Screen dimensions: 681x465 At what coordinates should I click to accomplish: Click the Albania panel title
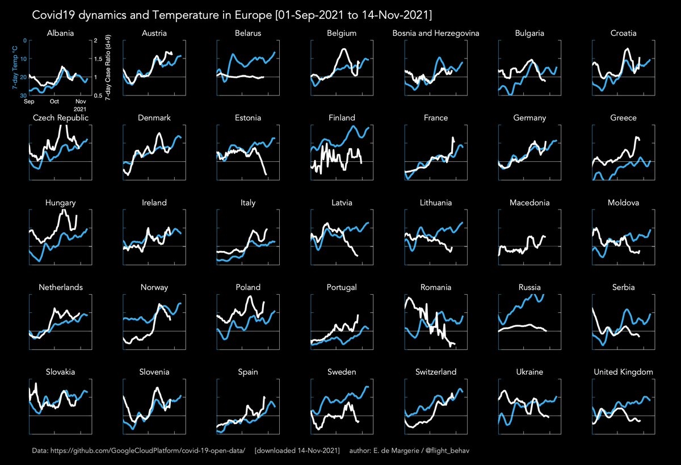60,33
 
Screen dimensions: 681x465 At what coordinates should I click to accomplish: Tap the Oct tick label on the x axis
54,101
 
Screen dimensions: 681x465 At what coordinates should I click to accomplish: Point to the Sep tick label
29,102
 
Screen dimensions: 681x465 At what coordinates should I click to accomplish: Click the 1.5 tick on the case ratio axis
98,58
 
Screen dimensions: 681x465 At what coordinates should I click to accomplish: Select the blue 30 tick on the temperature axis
23,95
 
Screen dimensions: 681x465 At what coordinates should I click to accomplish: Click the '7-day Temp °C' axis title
15,68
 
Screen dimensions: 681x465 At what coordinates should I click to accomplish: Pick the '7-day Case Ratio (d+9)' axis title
108,68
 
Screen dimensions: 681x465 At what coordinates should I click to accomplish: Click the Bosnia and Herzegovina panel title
436,33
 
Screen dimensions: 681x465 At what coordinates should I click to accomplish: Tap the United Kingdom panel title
623,372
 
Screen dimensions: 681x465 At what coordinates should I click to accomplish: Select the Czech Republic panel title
61,118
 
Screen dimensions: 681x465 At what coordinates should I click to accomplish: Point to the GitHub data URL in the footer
148,450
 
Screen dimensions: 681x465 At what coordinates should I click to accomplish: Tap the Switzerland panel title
436,372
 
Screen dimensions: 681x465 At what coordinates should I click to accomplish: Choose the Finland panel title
342,118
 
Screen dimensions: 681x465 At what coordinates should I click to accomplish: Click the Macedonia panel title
529,203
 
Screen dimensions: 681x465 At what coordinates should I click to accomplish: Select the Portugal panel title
342,287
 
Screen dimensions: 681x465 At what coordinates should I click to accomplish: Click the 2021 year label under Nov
80,109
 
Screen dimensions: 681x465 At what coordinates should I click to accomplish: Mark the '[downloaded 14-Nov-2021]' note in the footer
297,450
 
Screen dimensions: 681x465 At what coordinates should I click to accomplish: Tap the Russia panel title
529,287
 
